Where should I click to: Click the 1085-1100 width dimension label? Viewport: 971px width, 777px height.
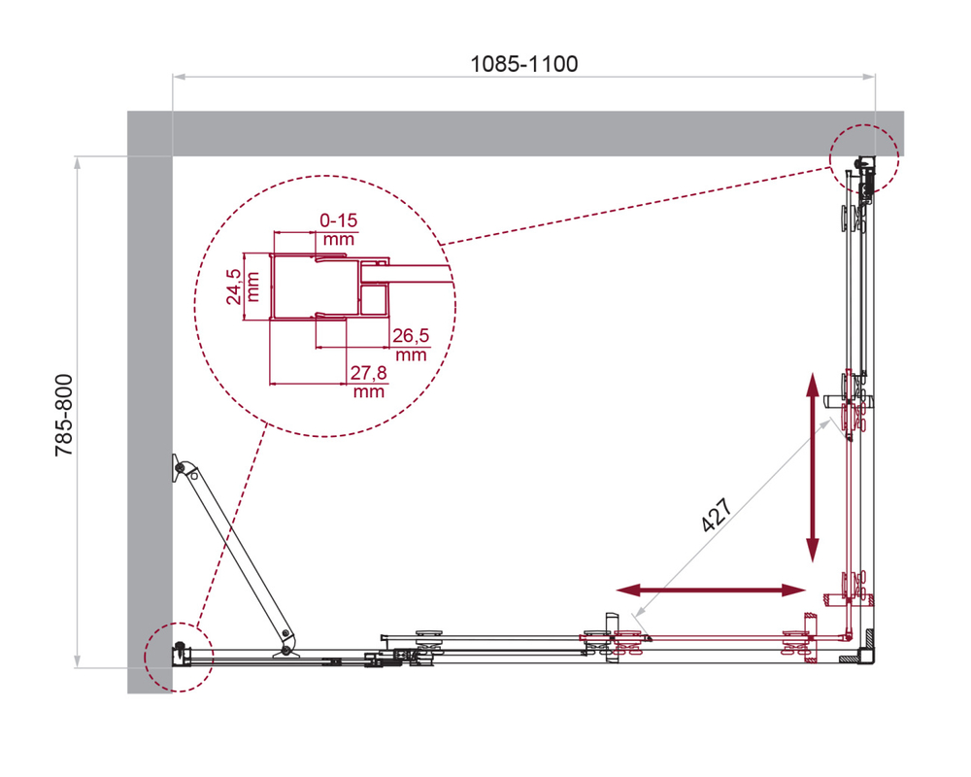click(x=523, y=64)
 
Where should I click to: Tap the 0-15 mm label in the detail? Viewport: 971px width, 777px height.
click(x=337, y=230)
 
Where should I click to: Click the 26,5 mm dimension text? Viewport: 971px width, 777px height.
click(x=410, y=345)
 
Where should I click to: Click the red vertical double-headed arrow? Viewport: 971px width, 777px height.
click(x=812, y=467)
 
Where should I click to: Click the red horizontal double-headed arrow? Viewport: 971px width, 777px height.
click(x=714, y=591)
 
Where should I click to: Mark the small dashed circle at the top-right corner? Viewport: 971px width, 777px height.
click(x=862, y=160)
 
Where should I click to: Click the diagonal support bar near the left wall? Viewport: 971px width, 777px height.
click(x=233, y=554)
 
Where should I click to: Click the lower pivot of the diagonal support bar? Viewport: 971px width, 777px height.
click(x=285, y=638)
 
